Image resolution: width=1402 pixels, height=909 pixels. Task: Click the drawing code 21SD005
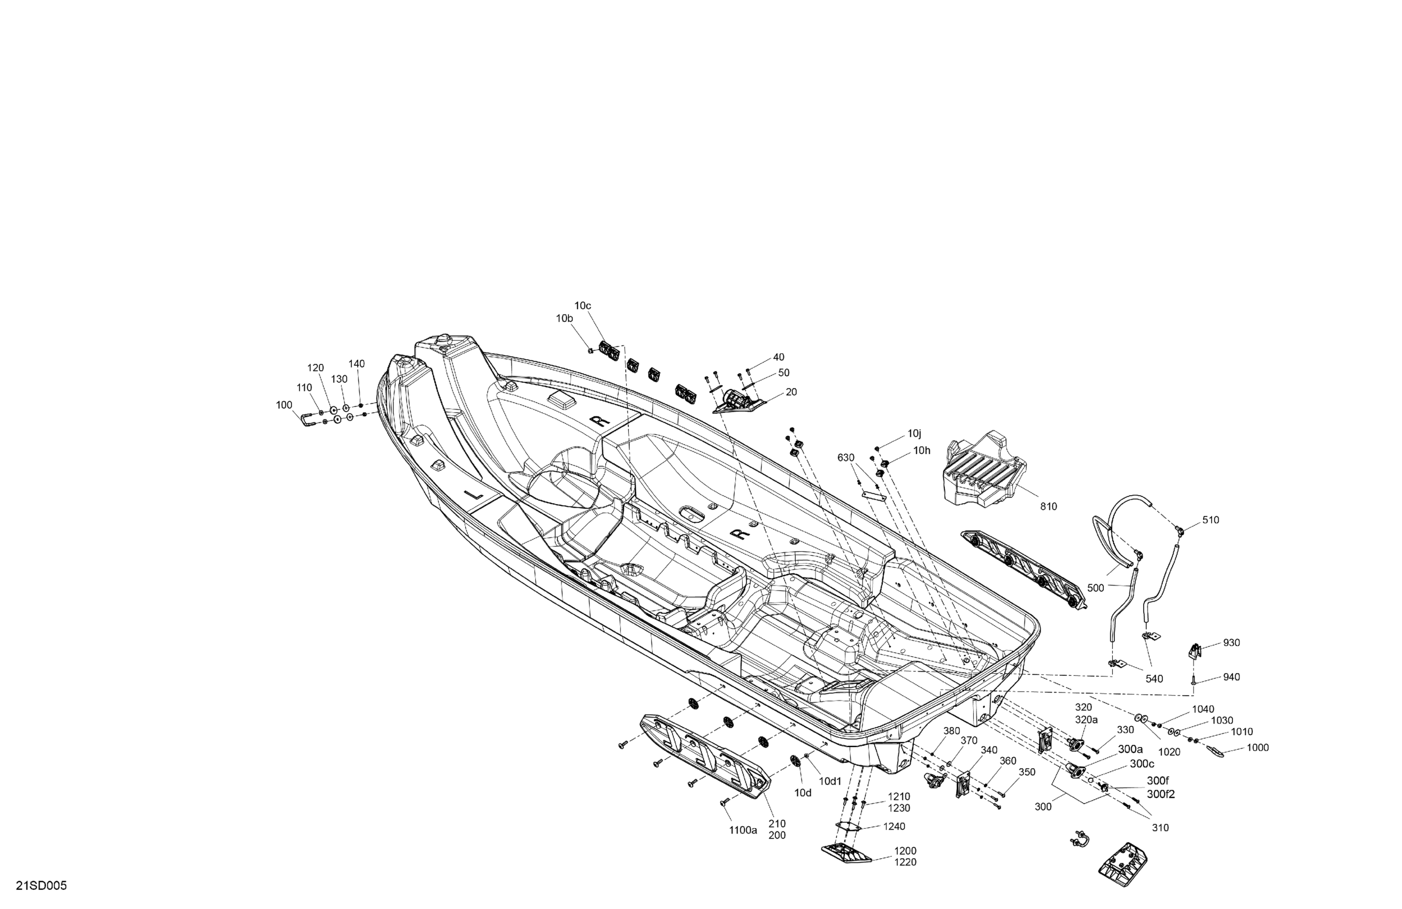tap(41, 886)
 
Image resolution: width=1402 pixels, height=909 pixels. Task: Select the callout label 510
tap(1211, 520)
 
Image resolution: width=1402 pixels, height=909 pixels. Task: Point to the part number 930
tap(1231, 643)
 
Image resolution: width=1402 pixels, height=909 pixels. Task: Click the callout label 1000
tap(1258, 748)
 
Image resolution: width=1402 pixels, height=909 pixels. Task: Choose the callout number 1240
tap(893, 827)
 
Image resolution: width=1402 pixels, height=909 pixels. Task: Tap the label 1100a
tap(743, 830)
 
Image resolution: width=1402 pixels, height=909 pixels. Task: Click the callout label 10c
tap(583, 306)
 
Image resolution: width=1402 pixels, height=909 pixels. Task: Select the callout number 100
tap(284, 405)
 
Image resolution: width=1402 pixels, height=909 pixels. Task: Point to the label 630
tap(845, 458)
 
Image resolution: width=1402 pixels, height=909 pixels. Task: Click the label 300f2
tap(1160, 794)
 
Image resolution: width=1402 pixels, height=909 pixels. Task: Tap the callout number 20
tap(791, 392)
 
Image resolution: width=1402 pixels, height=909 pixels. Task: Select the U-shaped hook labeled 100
tap(307, 420)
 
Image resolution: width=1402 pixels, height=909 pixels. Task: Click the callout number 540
tap(1154, 679)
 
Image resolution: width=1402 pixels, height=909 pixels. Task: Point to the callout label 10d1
tap(830, 781)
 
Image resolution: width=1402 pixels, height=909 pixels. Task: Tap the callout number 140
tap(357, 364)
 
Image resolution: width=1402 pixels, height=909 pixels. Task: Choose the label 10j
tap(914, 434)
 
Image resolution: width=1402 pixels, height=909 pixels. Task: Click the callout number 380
tap(951, 731)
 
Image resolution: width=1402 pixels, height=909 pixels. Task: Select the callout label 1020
tap(1169, 752)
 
